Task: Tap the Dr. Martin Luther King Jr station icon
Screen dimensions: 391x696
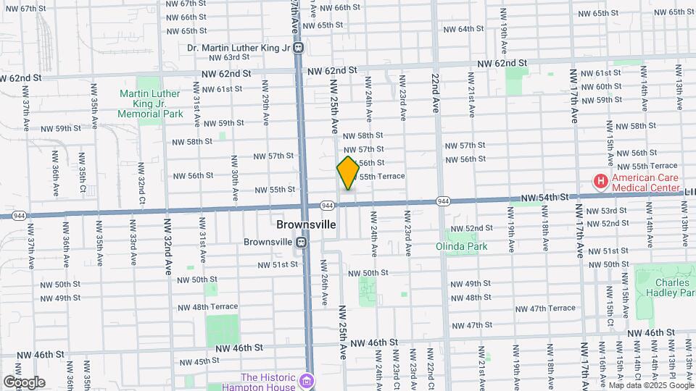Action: pos(299,49)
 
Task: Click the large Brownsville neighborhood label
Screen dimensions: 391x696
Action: pos(307,225)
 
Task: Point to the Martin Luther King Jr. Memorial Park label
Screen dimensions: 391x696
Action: pos(152,104)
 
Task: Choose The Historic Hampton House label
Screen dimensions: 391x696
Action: pos(269,382)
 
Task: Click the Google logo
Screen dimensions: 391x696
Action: pos(25,382)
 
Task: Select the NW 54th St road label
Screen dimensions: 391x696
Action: pos(551,198)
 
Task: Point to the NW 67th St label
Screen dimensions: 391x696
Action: pos(28,8)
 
